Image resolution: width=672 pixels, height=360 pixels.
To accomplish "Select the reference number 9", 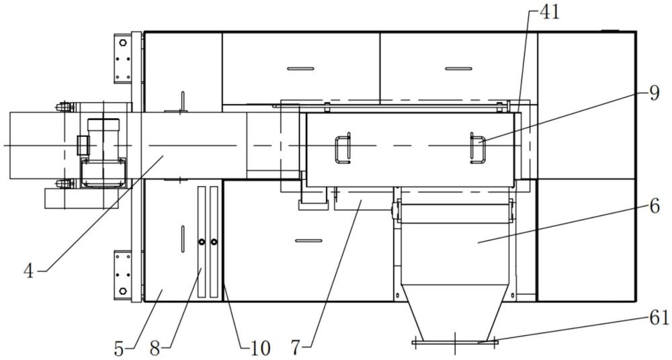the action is pyautogui.click(x=654, y=93).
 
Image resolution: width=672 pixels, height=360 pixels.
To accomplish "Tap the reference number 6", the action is pyautogui.click(x=654, y=207).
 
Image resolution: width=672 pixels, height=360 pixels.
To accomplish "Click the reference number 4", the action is pyautogui.click(x=29, y=271).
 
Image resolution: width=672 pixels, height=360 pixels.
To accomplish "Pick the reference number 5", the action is pyautogui.click(x=119, y=349).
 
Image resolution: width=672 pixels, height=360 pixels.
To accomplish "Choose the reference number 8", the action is pyautogui.click(x=155, y=349).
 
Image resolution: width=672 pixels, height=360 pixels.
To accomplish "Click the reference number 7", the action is pyautogui.click(x=296, y=349).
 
